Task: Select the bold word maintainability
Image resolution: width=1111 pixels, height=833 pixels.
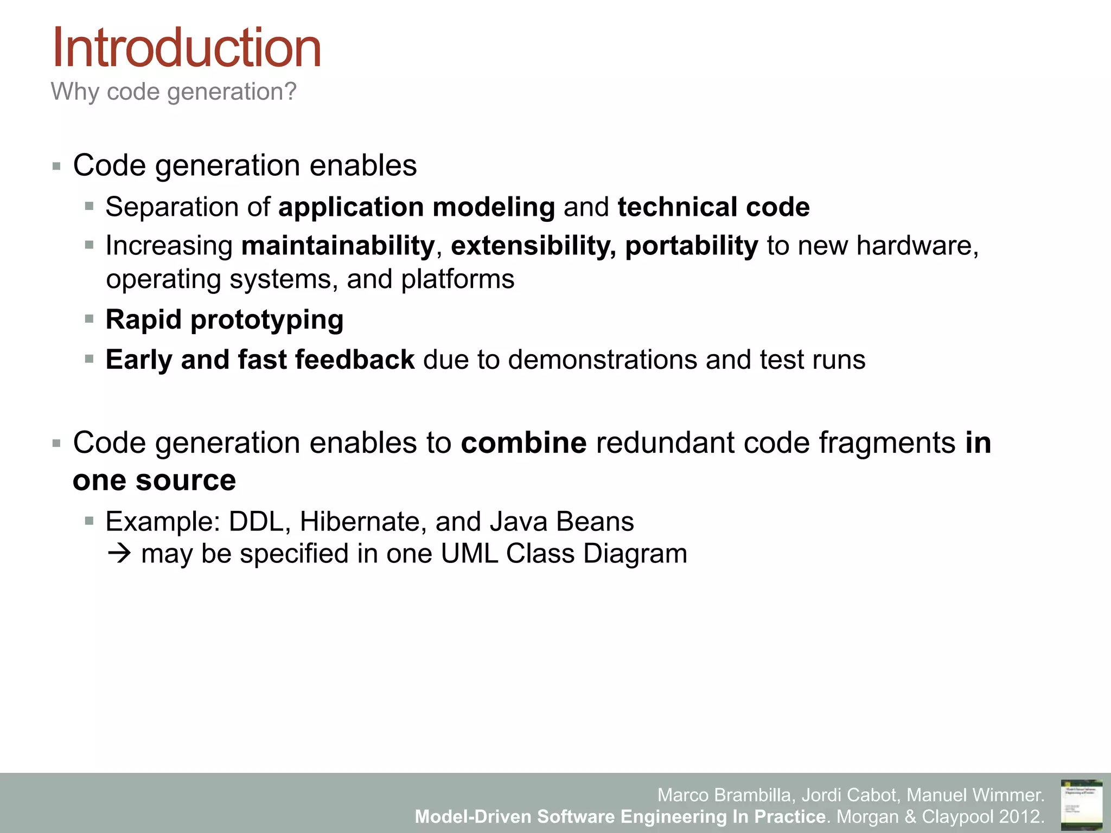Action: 338,246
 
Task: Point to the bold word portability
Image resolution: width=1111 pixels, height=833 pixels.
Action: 691,246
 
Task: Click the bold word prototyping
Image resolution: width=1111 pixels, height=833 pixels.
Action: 267,320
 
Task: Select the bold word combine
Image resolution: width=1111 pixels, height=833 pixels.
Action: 523,443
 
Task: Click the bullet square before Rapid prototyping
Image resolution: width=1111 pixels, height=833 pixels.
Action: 90,319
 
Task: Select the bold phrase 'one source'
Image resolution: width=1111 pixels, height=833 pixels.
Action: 154,480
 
